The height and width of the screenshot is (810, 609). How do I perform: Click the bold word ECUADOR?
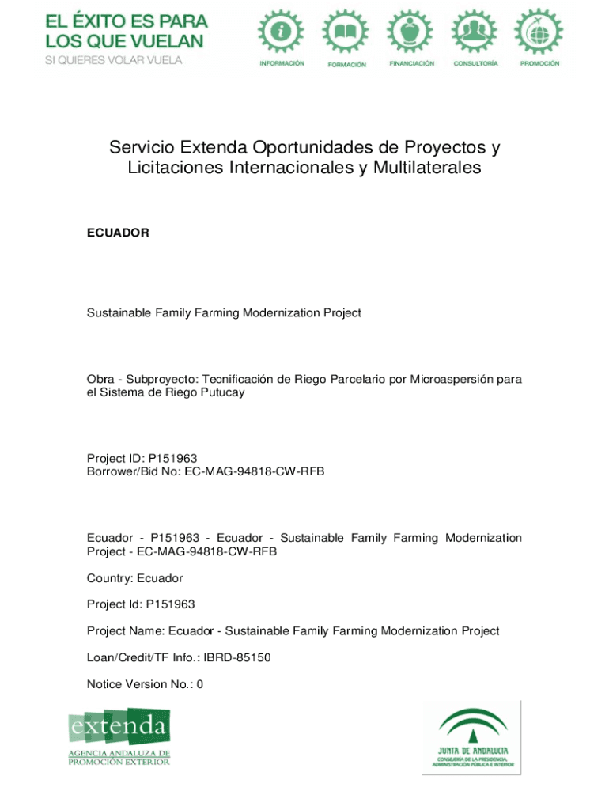click(118, 233)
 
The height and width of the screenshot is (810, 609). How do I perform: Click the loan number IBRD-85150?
click(237, 657)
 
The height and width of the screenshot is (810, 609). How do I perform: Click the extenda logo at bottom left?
click(119, 736)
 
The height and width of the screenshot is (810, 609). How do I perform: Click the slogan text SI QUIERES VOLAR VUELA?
click(114, 60)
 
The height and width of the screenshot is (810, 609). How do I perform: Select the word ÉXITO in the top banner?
click(103, 21)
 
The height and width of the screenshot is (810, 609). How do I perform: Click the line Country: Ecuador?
click(134, 578)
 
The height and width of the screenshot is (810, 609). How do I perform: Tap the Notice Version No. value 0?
click(200, 684)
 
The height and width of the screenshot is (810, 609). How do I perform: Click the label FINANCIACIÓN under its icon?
click(411, 63)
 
